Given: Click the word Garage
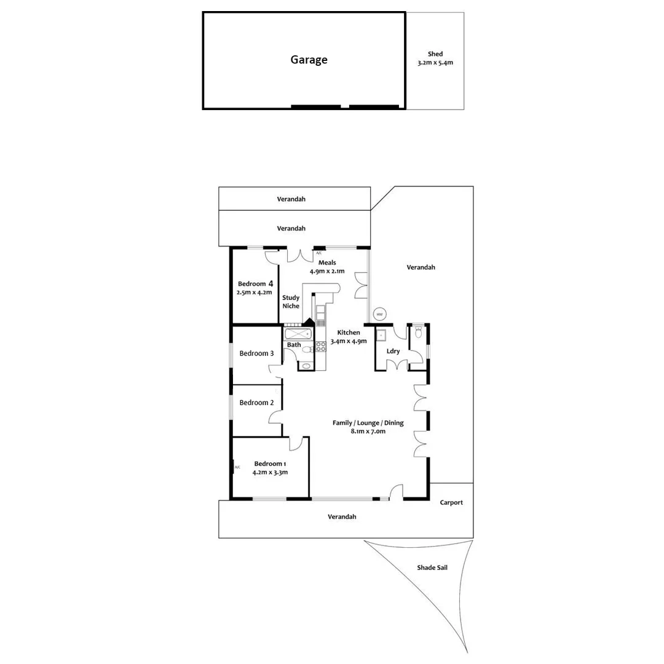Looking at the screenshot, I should coord(309,60).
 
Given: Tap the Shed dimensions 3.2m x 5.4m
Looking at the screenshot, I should coord(435,63).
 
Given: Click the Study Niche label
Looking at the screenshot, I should coord(291,302).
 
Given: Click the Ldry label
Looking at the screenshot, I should coord(393,351).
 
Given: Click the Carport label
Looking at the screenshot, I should coord(451,502).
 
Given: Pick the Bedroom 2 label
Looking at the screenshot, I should coord(256,403).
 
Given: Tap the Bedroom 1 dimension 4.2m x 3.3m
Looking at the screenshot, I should coord(270,472).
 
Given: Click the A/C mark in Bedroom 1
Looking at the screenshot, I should coord(237,467).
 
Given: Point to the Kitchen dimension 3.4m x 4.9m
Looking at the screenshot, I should coord(349,341).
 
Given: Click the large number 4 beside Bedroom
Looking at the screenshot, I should coord(270,283).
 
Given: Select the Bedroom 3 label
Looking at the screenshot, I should coord(256,354).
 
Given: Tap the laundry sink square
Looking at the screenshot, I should coord(381,334).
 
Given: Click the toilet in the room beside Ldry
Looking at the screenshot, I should coord(419,333).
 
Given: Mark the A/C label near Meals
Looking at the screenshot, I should coord(318,253).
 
